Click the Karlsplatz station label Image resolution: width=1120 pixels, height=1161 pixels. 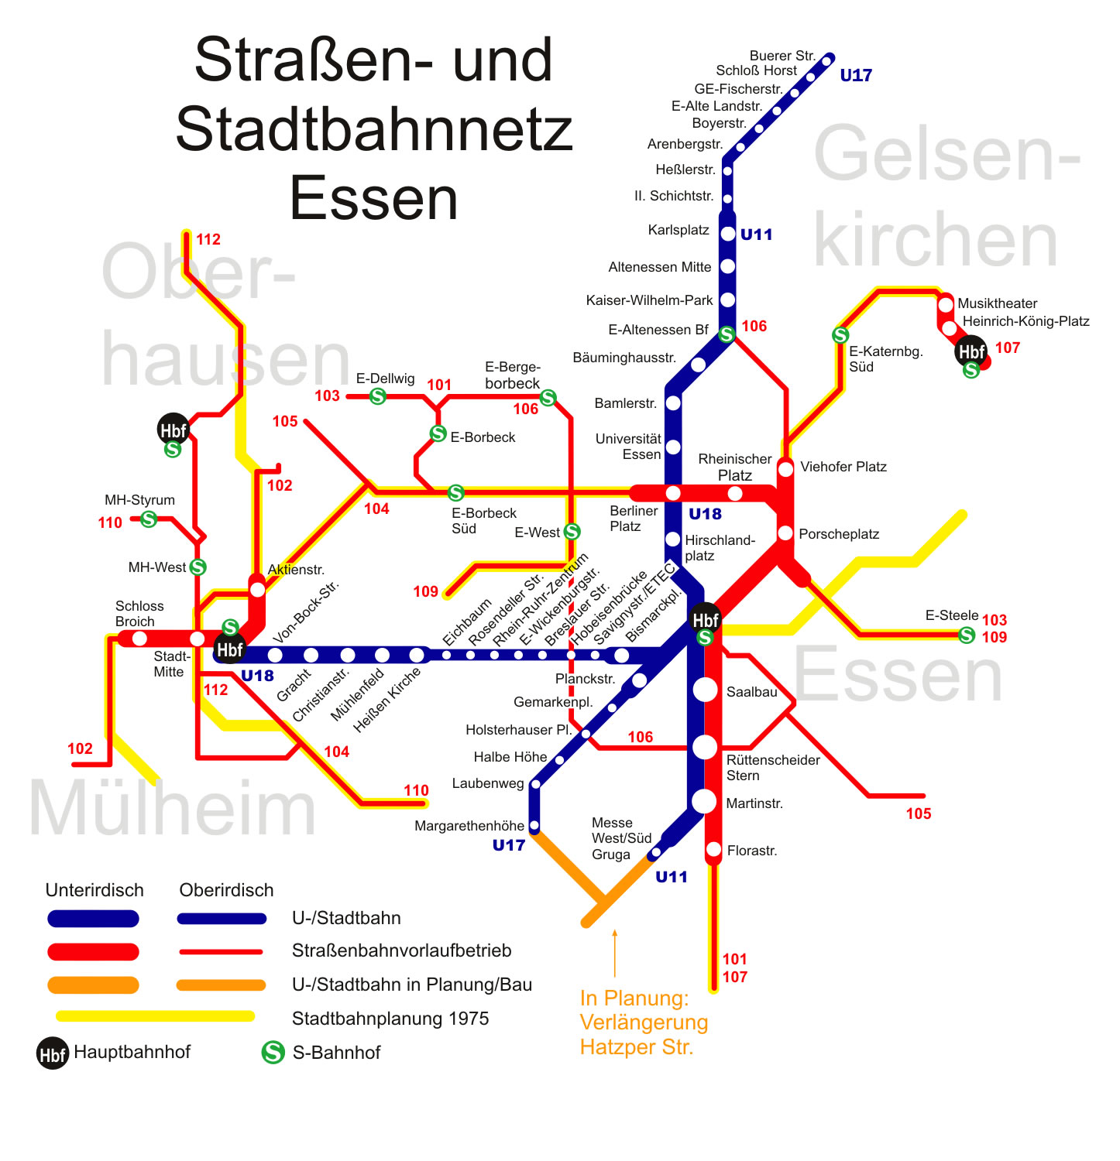click(x=679, y=230)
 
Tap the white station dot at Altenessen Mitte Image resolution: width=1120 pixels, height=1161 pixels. click(x=727, y=266)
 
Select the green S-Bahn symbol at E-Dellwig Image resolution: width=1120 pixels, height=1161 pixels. click(x=378, y=396)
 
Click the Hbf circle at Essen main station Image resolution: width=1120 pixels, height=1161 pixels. click(x=705, y=619)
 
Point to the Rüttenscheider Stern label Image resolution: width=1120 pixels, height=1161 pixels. click(x=772, y=767)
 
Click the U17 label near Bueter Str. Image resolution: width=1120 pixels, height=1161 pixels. click(x=856, y=76)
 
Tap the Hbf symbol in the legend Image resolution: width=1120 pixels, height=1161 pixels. click(x=53, y=1053)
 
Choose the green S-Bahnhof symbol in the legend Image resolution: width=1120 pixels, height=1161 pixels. click(x=273, y=1053)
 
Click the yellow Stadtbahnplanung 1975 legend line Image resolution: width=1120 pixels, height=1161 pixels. click(x=155, y=1016)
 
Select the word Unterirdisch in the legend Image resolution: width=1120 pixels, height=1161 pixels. click(x=94, y=890)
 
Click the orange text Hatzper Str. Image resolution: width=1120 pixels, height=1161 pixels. click(x=636, y=1047)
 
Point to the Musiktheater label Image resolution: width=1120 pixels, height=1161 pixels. click(x=997, y=303)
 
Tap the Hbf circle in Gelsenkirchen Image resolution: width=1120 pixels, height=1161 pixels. click(x=971, y=351)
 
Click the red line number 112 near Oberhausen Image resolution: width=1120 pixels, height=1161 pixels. click(x=208, y=239)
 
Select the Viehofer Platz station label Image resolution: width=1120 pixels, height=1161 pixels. click(x=843, y=467)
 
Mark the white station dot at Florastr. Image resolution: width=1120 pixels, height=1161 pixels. click(x=714, y=850)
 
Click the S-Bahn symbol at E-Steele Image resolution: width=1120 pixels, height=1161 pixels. click(x=967, y=635)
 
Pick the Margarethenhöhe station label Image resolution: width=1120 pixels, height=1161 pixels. click(x=469, y=826)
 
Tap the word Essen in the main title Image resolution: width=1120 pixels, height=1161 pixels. click(x=373, y=199)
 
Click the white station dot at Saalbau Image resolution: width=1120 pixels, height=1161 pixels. click(x=705, y=690)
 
